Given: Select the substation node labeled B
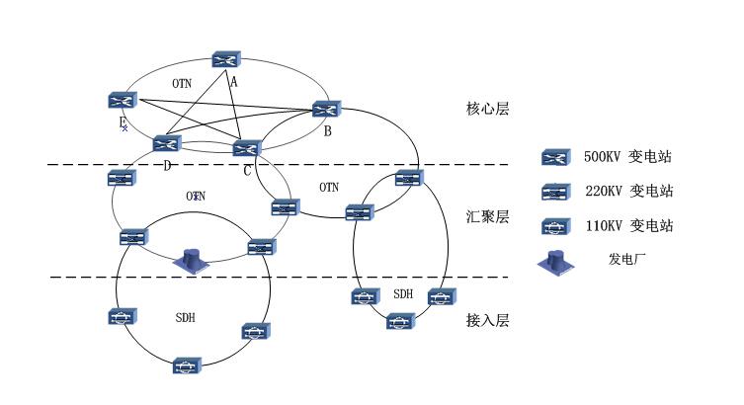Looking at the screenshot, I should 326,110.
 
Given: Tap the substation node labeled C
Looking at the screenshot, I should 245,148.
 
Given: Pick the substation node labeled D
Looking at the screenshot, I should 167,143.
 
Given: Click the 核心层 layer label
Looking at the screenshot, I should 487,109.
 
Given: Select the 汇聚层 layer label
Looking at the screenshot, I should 487,216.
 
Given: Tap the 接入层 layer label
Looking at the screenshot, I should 487,320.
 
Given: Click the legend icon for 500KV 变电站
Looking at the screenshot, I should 554,157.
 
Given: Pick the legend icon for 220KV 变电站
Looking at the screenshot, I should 554,191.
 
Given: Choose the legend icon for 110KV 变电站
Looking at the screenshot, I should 554,226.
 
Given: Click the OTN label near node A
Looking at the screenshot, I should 182,83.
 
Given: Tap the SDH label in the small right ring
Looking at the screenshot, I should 403,294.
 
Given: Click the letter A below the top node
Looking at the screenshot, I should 234,82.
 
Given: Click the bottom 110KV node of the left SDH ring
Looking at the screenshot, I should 186,366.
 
